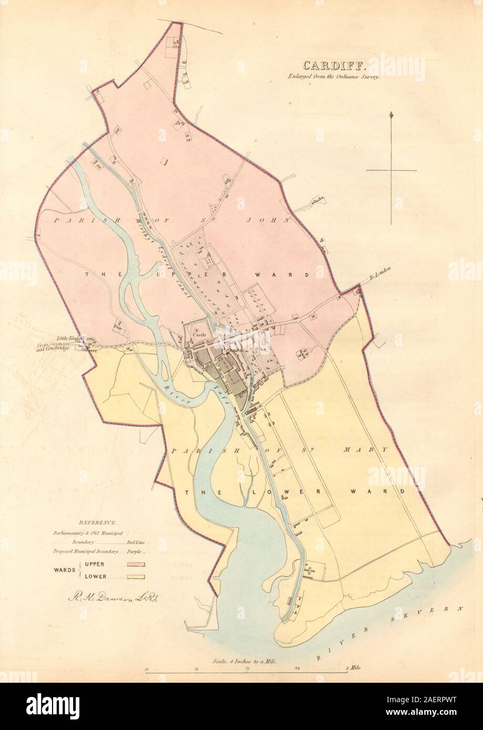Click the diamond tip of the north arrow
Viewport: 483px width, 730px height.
(x=392, y=115)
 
